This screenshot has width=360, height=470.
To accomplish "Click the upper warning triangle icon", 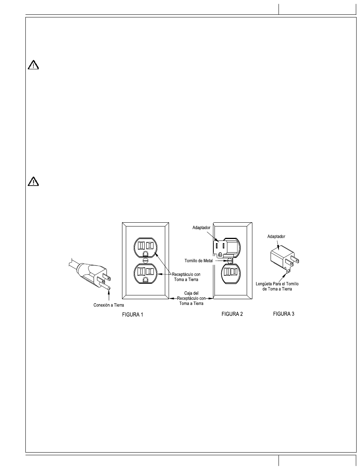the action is [33, 65].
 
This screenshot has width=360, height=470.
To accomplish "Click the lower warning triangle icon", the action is [33, 181].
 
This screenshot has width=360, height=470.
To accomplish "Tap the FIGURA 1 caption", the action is [132, 315].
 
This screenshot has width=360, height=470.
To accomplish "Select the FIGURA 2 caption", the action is [232, 314].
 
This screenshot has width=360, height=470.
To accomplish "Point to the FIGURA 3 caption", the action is [283, 314].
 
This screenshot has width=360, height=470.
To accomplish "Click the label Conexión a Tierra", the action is [109, 305].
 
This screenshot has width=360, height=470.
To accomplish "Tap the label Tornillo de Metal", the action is [199, 261].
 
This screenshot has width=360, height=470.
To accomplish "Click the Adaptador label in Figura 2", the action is [201, 228].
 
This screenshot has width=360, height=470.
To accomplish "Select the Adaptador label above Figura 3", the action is [276, 236].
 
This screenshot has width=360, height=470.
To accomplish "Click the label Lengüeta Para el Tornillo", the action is [277, 284].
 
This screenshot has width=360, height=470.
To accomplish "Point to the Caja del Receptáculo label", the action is [191, 298].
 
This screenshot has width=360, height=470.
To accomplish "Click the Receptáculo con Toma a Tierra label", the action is [186, 277].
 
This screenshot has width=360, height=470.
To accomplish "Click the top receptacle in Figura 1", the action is [146, 247].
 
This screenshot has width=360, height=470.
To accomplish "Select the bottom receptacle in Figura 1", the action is [146, 273].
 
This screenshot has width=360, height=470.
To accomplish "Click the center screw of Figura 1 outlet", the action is [146, 260].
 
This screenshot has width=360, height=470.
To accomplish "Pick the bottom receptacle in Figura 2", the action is [231, 273].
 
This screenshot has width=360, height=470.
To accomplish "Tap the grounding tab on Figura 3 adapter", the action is [288, 270].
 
